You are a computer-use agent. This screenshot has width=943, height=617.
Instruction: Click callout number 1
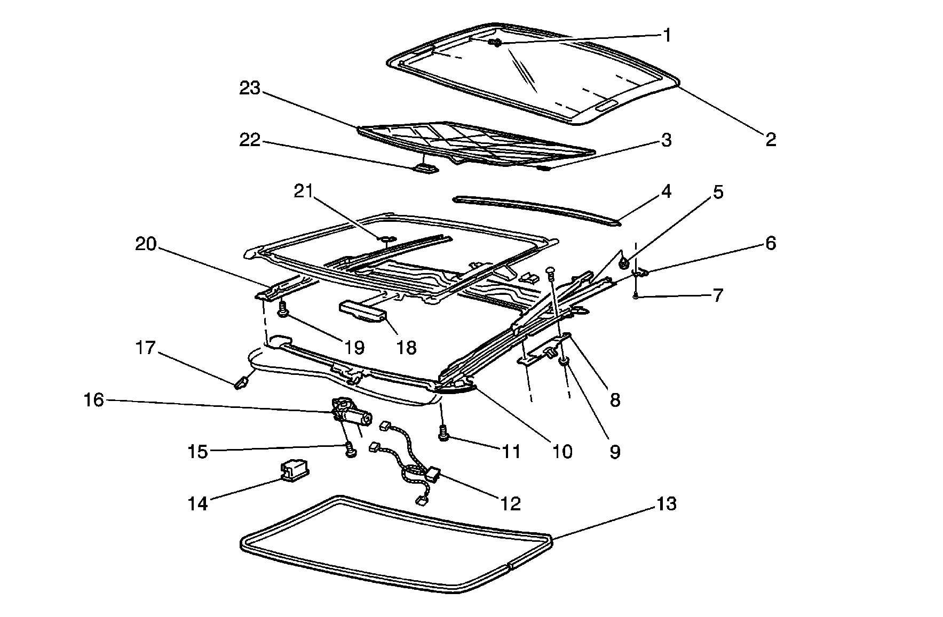(666, 35)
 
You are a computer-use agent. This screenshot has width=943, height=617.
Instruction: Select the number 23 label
(249, 89)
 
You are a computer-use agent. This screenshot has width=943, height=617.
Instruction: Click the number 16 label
(93, 399)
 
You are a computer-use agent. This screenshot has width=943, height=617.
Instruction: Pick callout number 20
(145, 245)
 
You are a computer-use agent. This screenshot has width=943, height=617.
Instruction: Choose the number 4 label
(666, 191)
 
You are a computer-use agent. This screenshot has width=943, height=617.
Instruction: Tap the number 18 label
(406, 348)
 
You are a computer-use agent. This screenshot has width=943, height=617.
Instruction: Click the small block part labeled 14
(295, 470)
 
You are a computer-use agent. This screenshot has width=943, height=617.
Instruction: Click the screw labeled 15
(350, 451)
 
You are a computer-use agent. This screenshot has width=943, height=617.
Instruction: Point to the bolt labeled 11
(443, 434)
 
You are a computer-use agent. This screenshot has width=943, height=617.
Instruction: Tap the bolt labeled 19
(282, 309)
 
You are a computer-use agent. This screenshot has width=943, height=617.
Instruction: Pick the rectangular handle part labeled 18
(363, 312)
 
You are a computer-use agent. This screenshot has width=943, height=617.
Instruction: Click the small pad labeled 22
(426, 169)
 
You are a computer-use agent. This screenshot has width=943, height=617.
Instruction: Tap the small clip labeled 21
(388, 238)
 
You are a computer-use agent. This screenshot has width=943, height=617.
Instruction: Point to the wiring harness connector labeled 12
(432, 473)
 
